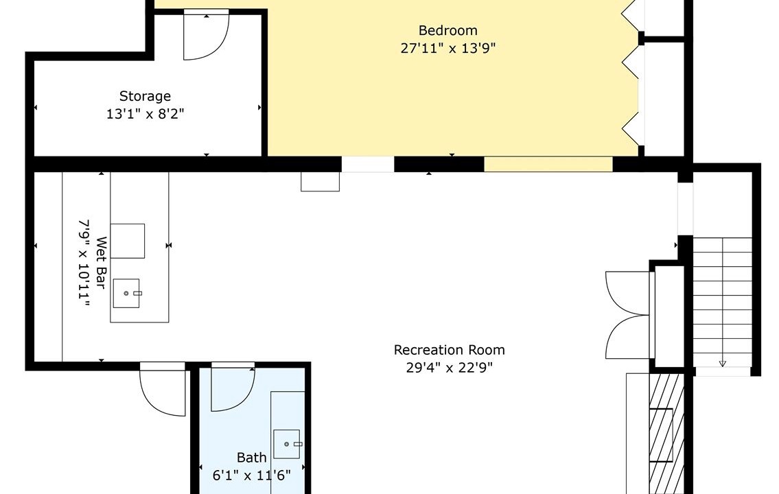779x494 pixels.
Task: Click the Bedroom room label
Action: (447, 30)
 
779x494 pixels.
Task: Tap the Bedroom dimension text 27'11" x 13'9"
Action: (448, 48)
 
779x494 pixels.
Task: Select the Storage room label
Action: (145, 96)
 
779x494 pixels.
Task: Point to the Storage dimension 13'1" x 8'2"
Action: (145, 114)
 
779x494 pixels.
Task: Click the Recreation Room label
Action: (449, 350)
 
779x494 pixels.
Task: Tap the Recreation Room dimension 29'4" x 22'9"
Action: (449, 368)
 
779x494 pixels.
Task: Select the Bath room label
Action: (251, 457)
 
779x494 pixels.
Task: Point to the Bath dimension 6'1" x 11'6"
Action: (251, 475)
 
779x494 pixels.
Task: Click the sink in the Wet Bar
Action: (126, 294)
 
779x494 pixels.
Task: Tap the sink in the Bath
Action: (287, 445)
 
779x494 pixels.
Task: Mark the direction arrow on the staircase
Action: (722, 363)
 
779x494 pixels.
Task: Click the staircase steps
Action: (722, 303)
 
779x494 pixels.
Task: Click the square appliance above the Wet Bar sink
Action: (128, 241)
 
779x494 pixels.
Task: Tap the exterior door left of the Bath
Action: (163, 389)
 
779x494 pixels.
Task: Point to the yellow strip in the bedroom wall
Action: (548, 165)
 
